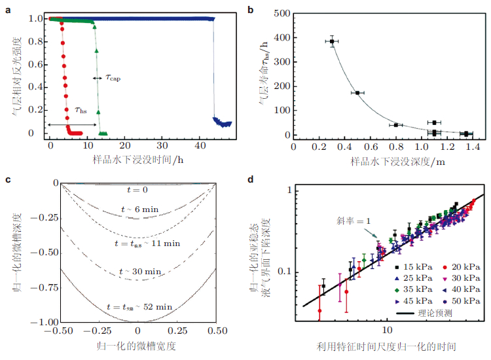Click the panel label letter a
[7, 8]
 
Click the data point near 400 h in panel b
[332, 41]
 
